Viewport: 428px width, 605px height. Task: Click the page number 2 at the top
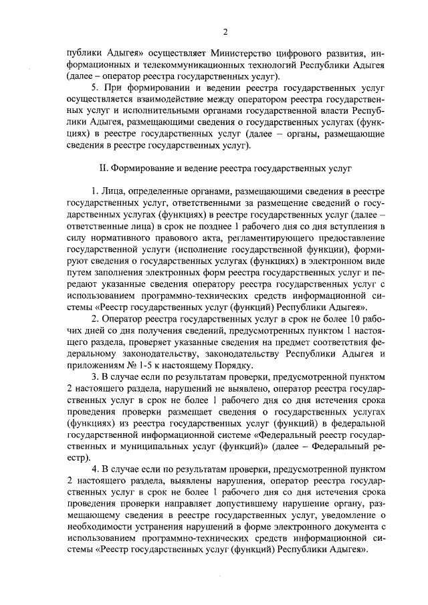coord(225,31)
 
